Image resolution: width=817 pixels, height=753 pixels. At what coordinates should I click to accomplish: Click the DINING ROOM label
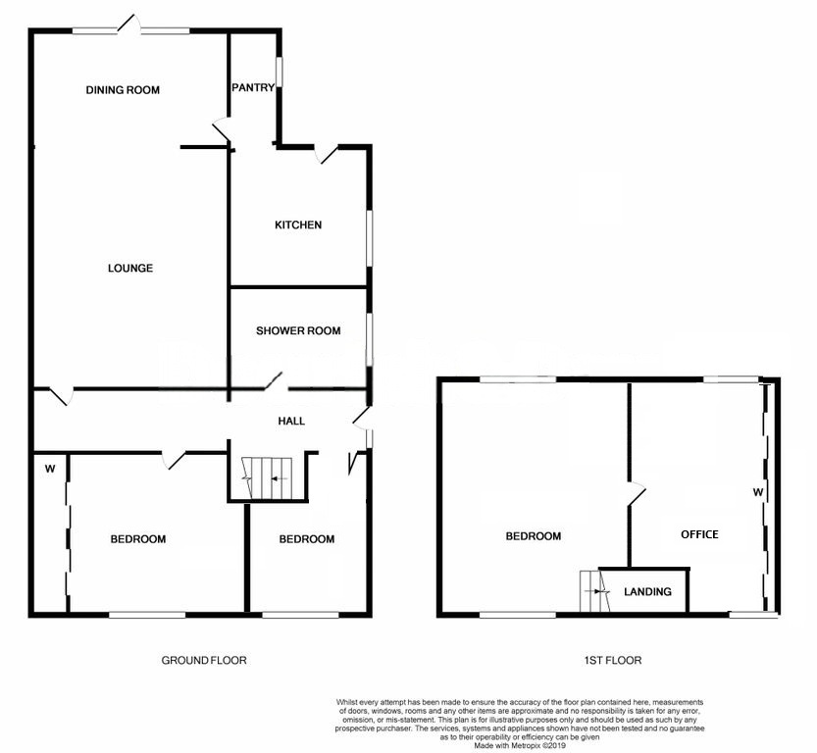pyautogui.click(x=123, y=90)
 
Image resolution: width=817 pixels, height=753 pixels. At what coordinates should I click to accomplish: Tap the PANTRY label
pyautogui.click(x=253, y=87)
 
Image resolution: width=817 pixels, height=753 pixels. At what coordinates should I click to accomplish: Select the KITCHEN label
pyautogui.click(x=298, y=225)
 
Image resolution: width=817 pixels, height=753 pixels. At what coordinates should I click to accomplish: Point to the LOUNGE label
pyautogui.click(x=130, y=269)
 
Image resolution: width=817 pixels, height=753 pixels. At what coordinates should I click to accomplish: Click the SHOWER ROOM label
pyautogui.click(x=298, y=330)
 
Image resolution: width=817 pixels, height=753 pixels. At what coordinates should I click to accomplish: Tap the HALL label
pyautogui.click(x=291, y=422)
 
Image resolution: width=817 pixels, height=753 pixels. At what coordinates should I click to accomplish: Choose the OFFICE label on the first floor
pyautogui.click(x=699, y=534)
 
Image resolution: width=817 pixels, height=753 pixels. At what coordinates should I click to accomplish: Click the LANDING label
pyautogui.click(x=647, y=591)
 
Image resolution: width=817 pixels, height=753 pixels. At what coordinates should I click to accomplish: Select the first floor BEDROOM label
pyautogui.click(x=534, y=536)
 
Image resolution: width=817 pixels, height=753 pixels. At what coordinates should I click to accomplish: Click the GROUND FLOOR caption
pyautogui.click(x=204, y=660)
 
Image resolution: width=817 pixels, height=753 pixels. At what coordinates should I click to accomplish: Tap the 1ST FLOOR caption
pyautogui.click(x=613, y=660)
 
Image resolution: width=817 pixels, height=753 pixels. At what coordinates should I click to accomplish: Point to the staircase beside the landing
pyautogui.click(x=594, y=591)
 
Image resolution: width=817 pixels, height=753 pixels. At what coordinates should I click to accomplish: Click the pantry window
pyautogui.click(x=280, y=72)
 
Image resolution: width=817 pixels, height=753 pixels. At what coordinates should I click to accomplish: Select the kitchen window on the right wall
pyautogui.click(x=370, y=237)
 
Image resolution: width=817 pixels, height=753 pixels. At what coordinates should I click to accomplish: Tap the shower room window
pyautogui.click(x=370, y=339)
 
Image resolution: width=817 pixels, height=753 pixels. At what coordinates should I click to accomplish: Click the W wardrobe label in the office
pyautogui.click(x=758, y=492)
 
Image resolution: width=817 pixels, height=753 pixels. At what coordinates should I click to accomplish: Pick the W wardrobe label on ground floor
pyautogui.click(x=50, y=470)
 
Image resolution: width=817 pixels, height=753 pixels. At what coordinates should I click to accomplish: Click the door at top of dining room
pyautogui.click(x=129, y=25)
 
